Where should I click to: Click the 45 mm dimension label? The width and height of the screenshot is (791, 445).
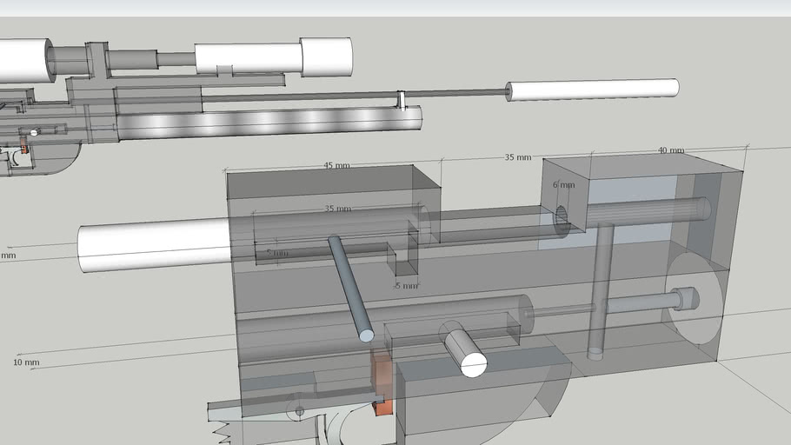pos(336,165)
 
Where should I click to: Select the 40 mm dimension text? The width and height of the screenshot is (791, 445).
pos(670,150)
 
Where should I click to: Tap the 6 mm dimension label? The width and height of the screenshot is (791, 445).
pos(563,185)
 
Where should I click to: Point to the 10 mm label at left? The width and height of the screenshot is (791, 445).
pos(26,362)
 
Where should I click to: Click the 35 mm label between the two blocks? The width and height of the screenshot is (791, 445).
pos(517,157)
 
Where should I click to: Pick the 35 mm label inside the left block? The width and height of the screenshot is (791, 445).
pos(337,209)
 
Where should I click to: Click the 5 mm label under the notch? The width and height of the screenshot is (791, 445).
pos(406,285)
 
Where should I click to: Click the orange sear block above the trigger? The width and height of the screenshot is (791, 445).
pos(382,374)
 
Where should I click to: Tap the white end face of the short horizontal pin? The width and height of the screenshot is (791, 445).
pos(473,363)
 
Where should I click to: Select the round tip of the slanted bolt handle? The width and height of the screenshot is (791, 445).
pos(366,335)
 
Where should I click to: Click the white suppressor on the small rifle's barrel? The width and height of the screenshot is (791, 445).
pos(592,89)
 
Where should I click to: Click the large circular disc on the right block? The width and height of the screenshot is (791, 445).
pos(695,298)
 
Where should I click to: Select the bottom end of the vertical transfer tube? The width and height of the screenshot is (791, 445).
pos(595,353)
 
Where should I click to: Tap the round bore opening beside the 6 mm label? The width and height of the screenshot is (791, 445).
pos(562,219)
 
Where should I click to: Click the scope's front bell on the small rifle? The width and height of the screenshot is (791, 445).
pos(326,56)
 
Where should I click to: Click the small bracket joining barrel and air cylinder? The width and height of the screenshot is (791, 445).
pos(402,100)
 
